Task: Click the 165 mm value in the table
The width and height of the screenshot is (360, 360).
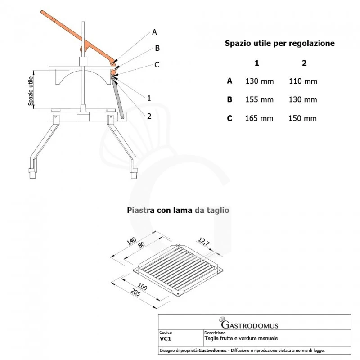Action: pos(259,118)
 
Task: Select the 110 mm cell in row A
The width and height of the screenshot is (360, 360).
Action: pos(304,81)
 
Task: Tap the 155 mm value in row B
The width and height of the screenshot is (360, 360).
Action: pos(259,100)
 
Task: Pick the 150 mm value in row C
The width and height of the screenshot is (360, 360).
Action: pos(304,118)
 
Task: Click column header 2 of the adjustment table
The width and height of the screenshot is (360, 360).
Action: pos(304,63)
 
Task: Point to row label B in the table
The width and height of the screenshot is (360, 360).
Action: pos(229,100)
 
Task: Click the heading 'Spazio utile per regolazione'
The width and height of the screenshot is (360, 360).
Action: pos(279,44)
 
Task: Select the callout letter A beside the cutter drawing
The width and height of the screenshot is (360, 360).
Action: pos(154,32)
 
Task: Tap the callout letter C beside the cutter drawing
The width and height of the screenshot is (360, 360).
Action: pos(157,65)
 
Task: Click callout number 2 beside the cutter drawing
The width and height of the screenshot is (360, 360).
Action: pos(149,116)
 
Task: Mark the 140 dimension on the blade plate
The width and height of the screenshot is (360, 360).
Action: pos(131,241)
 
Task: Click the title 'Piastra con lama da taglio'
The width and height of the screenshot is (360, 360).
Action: pos(179,210)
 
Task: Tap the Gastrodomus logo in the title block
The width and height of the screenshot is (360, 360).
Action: pos(249,324)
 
